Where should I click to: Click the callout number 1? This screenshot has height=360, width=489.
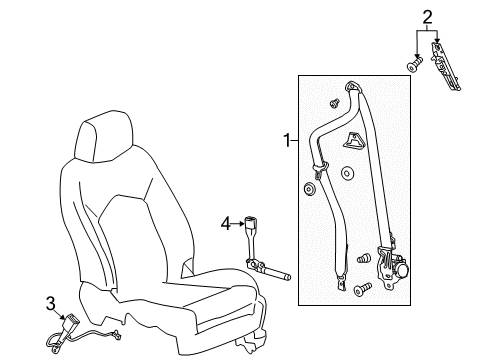pos(288,142)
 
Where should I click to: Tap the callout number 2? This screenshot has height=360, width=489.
pos(426,15)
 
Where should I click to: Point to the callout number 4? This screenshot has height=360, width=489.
pos(226,222)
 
